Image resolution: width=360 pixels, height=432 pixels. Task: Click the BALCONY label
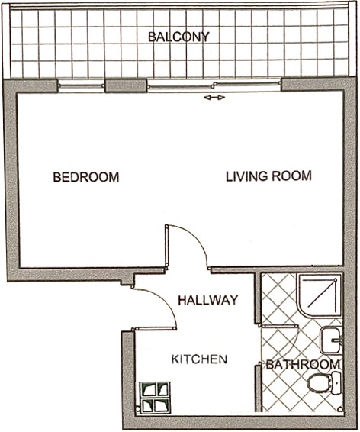point(178,37)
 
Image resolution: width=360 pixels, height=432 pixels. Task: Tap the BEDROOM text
point(86,177)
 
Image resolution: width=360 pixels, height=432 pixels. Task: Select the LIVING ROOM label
point(268,176)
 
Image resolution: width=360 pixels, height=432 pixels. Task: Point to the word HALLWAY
point(207,300)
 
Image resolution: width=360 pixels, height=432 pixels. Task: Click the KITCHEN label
point(199,359)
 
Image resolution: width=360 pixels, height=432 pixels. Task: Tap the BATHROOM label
point(303,365)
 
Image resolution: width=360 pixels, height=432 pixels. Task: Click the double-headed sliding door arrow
point(214,97)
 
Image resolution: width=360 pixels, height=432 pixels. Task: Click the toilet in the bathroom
point(324,383)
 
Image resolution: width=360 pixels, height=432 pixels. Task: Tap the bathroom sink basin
point(331,340)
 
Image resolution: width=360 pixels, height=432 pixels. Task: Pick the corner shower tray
point(320,295)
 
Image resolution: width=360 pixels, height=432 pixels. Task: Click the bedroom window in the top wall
point(82,86)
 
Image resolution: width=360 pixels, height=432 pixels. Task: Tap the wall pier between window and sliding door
point(125,85)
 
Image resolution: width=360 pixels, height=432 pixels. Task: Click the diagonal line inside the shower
point(321,293)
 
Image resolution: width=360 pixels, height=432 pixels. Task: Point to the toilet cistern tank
point(336,383)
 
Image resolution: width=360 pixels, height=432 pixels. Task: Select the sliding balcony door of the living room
point(214,86)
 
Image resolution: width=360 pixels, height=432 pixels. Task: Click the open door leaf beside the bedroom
point(166,247)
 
